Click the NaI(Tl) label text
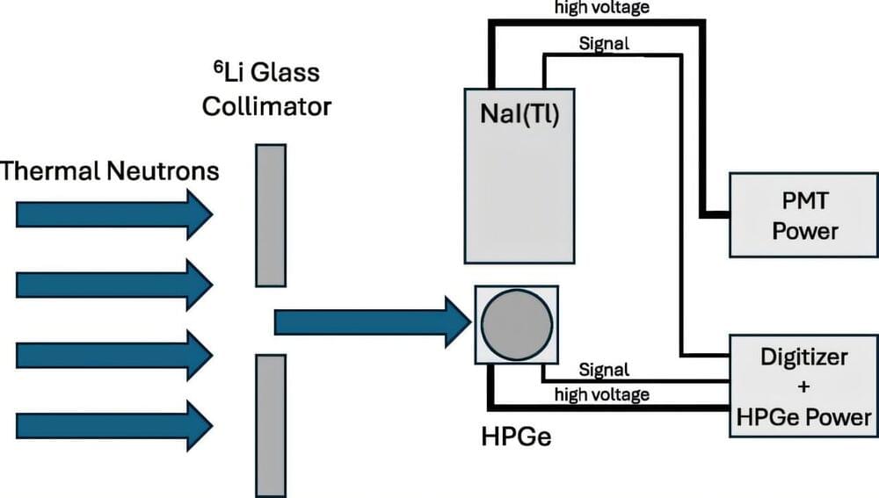pyautogui.click(x=519, y=115)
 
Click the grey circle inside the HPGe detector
pyautogui.click(x=516, y=325)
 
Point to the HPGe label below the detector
pyautogui.click(x=516, y=436)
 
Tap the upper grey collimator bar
pyautogui.click(x=271, y=215)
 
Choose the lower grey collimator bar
pyautogui.click(x=271, y=425)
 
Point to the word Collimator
pyautogui.click(x=266, y=107)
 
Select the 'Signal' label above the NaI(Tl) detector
pyautogui.click(x=604, y=43)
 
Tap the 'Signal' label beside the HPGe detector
pyautogui.click(x=605, y=371)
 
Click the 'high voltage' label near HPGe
pyautogui.click(x=602, y=394)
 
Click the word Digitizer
pyautogui.click(x=803, y=357)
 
